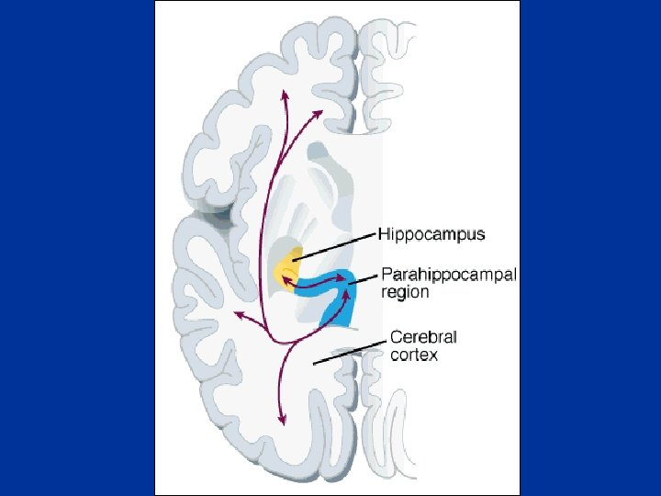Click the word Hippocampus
pyautogui.click(x=431, y=234)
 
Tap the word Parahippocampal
pyautogui.click(x=449, y=275)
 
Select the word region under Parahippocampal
pyautogui.click(x=405, y=293)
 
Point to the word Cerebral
pyautogui.click(x=423, y=336)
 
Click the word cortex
pyautogui.click(x=414, y=355)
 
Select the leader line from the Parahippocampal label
pyautogui.click(x=366, y=276)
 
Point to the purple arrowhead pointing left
pyautogui.click(x=239, y=314)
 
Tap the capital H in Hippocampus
pyautogui.click(x=385, y=234)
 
